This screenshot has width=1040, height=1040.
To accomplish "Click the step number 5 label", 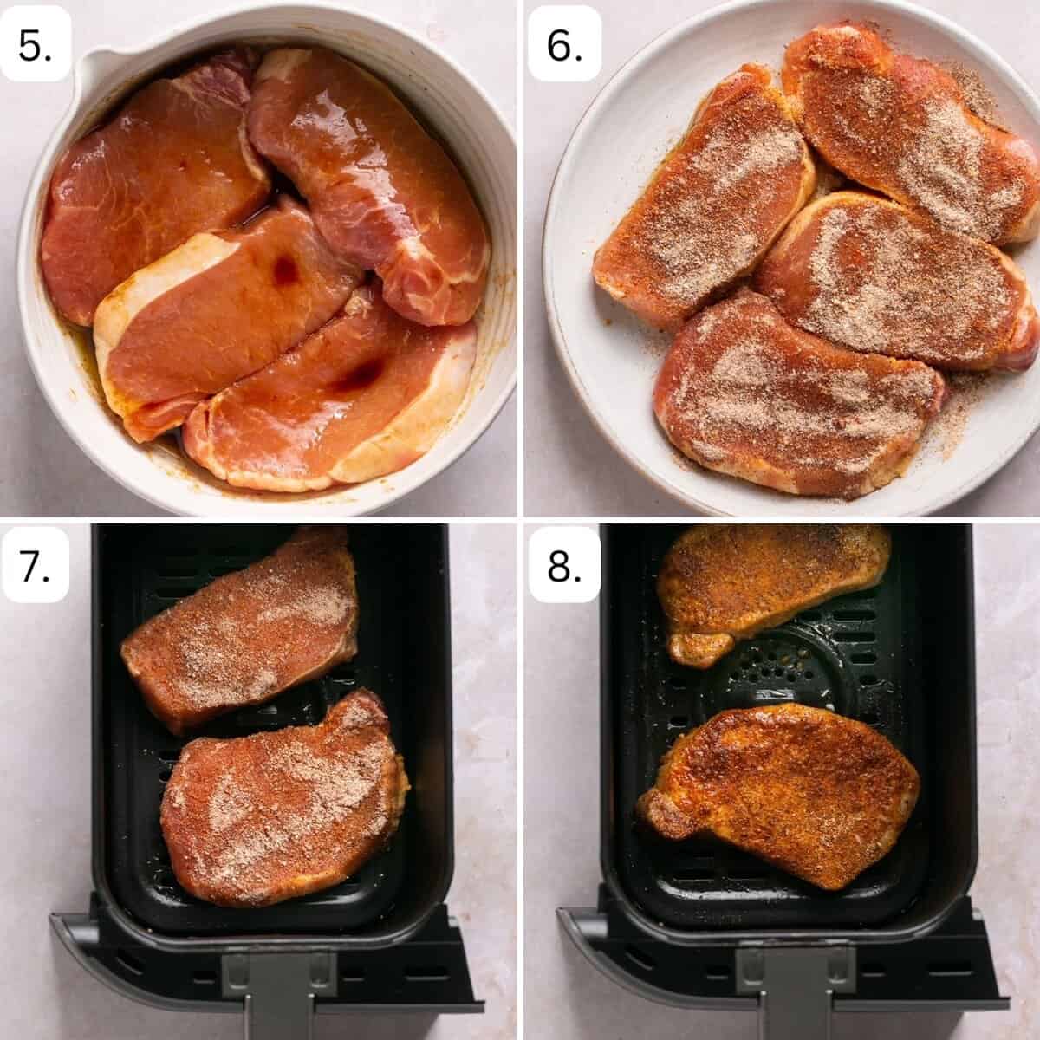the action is click(x=35, y=46).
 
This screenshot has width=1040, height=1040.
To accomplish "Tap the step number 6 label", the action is click(x=564, y=46).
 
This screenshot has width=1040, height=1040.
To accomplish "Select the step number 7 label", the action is click(x=35, y=566).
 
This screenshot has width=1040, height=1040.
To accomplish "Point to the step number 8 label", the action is click(x=564, y=566).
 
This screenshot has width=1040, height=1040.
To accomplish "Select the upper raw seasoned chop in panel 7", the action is click(x=241, y=629).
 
